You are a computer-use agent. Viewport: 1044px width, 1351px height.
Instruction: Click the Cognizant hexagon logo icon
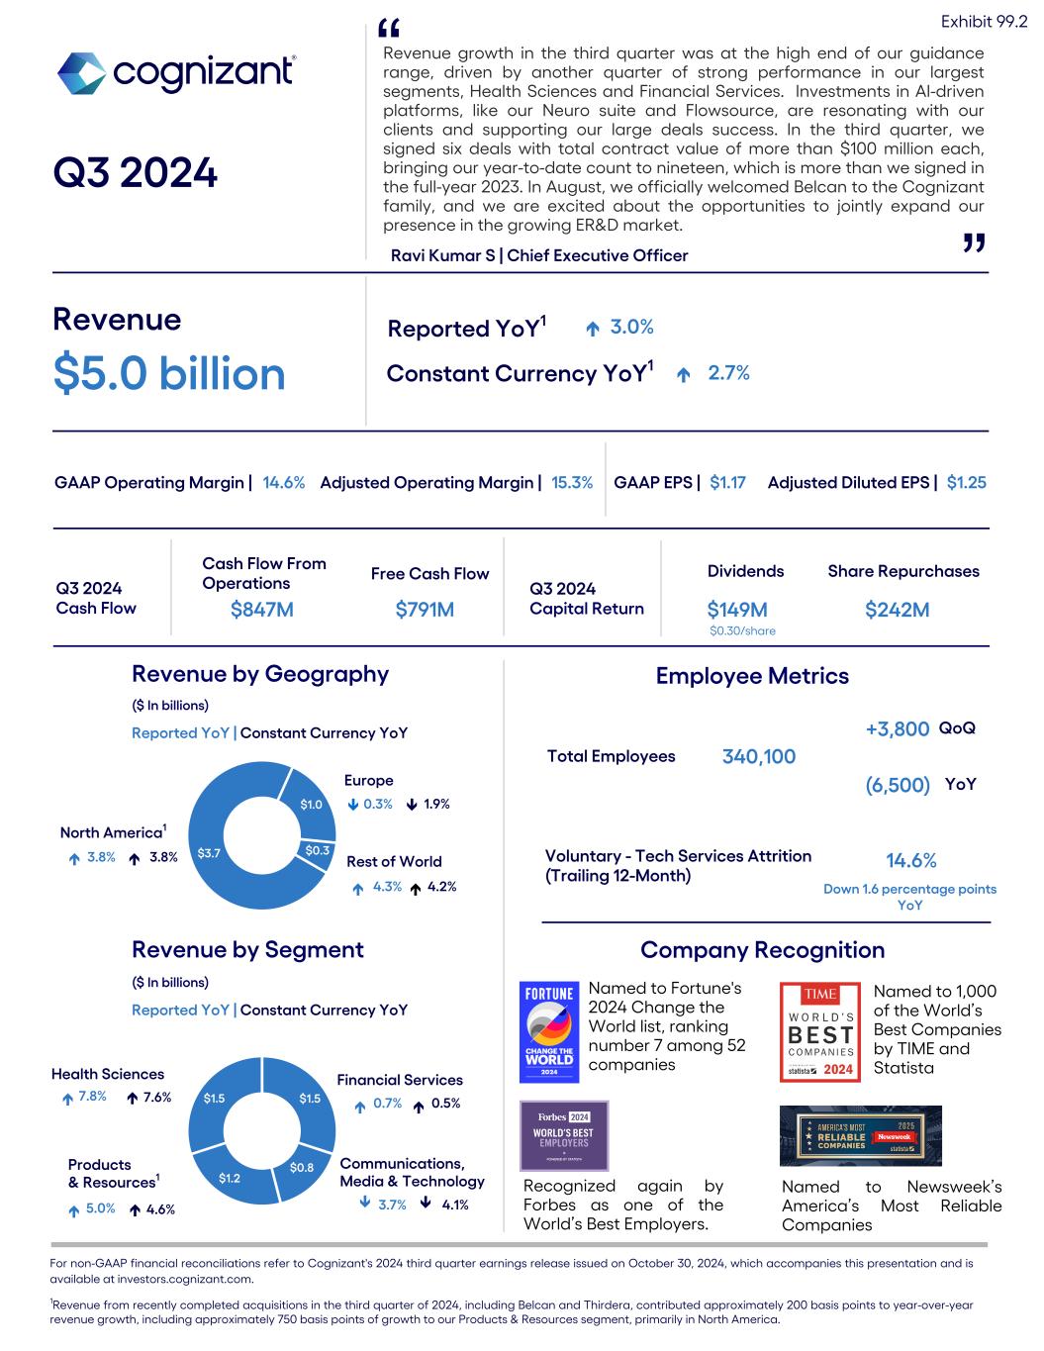81,73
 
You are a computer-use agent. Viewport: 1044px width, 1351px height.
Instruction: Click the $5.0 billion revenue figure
169,374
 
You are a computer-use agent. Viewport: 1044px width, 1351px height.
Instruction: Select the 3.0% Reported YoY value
631,328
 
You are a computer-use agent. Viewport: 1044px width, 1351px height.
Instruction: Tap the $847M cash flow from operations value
261,610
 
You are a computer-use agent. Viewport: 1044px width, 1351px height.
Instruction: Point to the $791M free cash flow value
425,610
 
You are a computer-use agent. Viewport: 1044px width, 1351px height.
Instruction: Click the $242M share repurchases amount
897,610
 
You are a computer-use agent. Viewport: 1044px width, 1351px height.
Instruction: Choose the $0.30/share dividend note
742,631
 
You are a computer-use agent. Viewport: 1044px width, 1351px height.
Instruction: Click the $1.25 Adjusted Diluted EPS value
966,483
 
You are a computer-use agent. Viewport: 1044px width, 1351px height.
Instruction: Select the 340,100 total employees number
759,757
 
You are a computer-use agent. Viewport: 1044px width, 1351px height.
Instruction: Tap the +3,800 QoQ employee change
897,729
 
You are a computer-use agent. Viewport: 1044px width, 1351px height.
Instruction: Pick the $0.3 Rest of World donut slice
318,850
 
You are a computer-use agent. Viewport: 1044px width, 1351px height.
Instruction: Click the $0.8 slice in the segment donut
302,1168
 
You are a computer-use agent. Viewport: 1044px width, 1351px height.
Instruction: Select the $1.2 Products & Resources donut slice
230,1178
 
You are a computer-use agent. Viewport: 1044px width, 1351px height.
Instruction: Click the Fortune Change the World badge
548,1031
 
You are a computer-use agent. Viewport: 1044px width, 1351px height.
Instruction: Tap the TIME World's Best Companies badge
820,1031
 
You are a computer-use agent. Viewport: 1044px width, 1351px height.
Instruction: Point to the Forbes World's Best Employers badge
564,1134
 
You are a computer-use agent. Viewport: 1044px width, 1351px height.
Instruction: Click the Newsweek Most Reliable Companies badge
861,1136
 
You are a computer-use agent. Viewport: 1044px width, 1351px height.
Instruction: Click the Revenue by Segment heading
247,950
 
